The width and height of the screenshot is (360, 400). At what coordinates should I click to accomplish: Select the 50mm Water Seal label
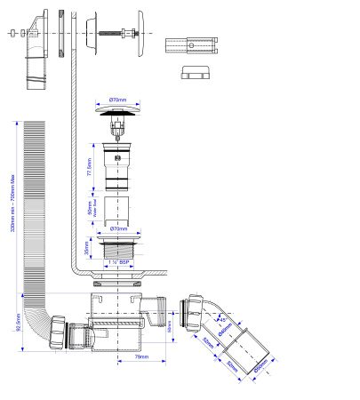click(89, 209)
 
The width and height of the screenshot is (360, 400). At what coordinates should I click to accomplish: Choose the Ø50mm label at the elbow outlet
click(260, 367)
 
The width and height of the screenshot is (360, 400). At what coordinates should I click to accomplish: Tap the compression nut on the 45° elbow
click(189, 312)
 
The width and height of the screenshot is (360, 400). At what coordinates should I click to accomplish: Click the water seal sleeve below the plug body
click(116, 210)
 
